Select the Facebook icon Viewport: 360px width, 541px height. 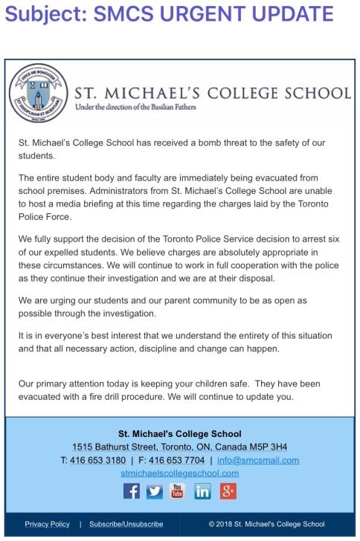131,491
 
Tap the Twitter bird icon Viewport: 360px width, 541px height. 155,491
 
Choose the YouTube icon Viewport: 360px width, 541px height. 179,491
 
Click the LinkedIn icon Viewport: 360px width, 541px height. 203,491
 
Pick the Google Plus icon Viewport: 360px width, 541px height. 228,491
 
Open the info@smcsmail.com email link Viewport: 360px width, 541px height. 257,460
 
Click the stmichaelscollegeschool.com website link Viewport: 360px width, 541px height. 179,473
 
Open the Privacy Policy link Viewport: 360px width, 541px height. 47,524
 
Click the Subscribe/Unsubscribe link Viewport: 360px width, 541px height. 126,524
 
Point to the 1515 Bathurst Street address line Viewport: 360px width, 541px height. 179,447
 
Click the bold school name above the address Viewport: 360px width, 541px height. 179,434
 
